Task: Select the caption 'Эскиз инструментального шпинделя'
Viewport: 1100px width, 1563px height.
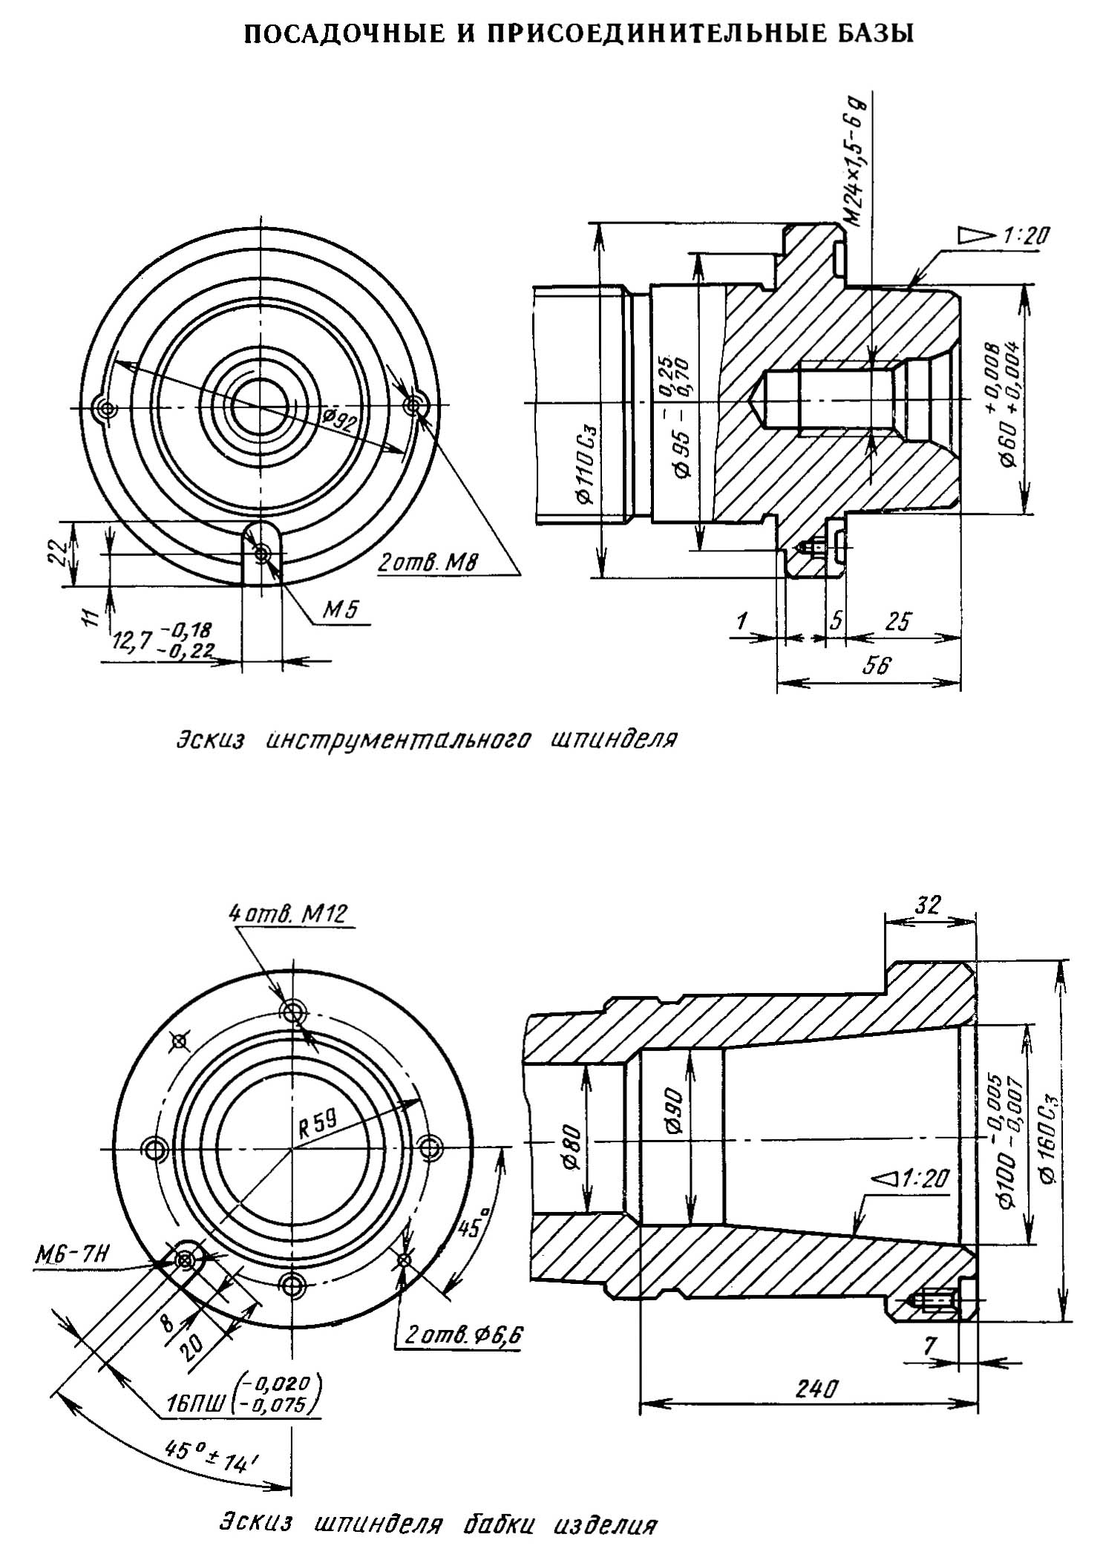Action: [427, 741]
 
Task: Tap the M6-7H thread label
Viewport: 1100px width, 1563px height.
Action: [72, 1257]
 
